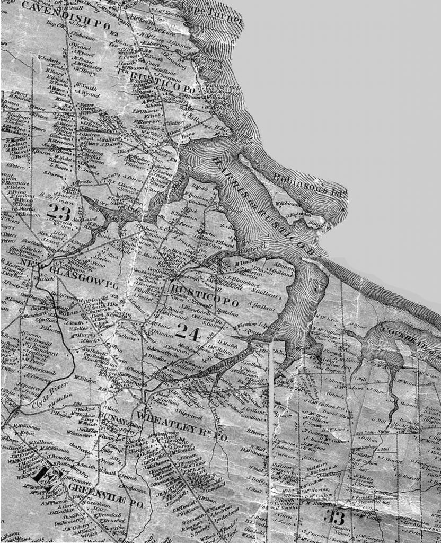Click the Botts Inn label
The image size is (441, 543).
click(x=226, y=313)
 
